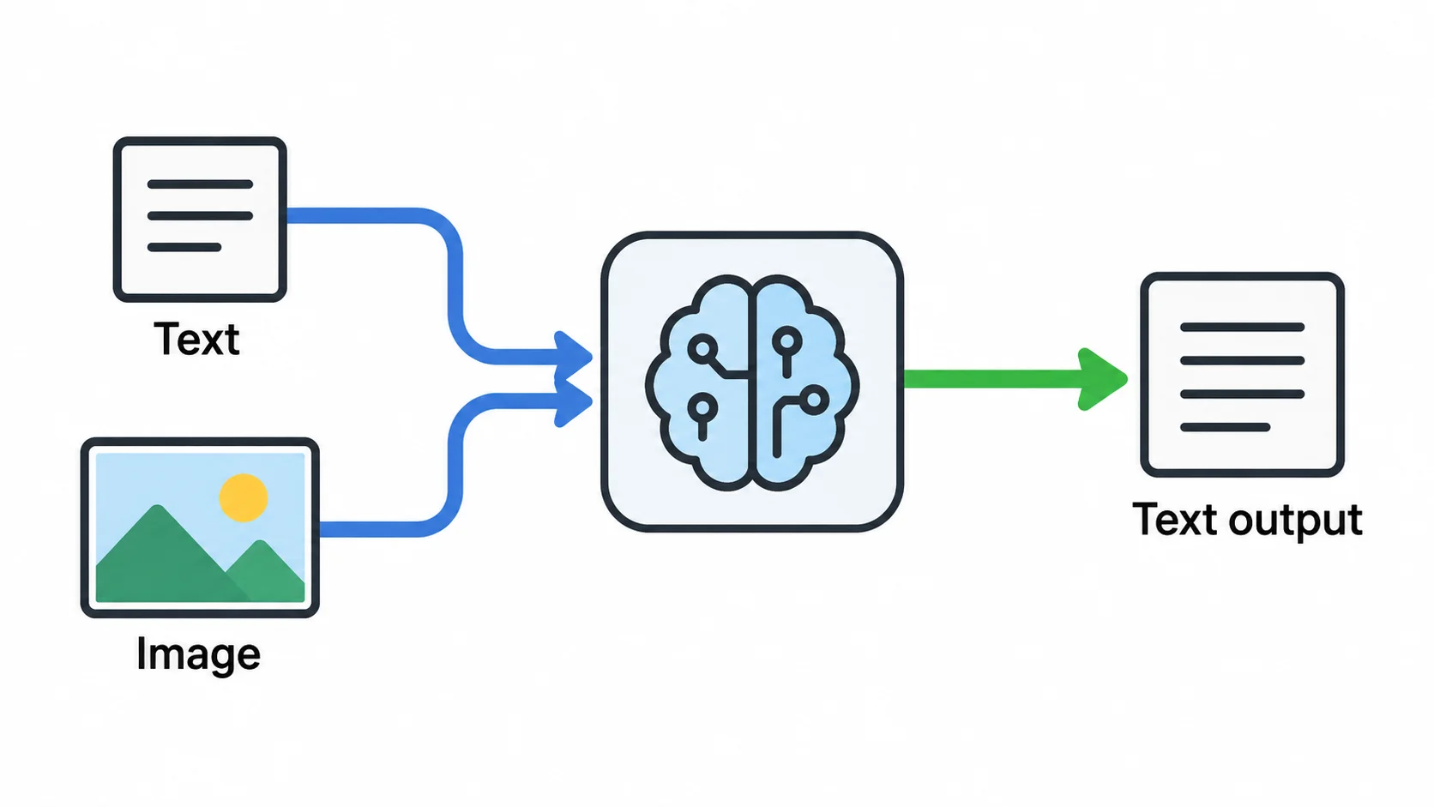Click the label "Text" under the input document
pos(196,339)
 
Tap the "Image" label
pos(198,654)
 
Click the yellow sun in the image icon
pos(244,498)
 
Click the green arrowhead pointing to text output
pos(1102,380)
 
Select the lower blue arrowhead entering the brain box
pos(573,401)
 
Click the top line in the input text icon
pos(200,184)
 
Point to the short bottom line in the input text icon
pos(184,247)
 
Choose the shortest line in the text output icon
pos(1225,427)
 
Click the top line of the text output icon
pos(1242,328)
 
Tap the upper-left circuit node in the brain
pos(703,349)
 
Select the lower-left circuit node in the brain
pos(702,407)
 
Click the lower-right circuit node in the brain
pos(814,400)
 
